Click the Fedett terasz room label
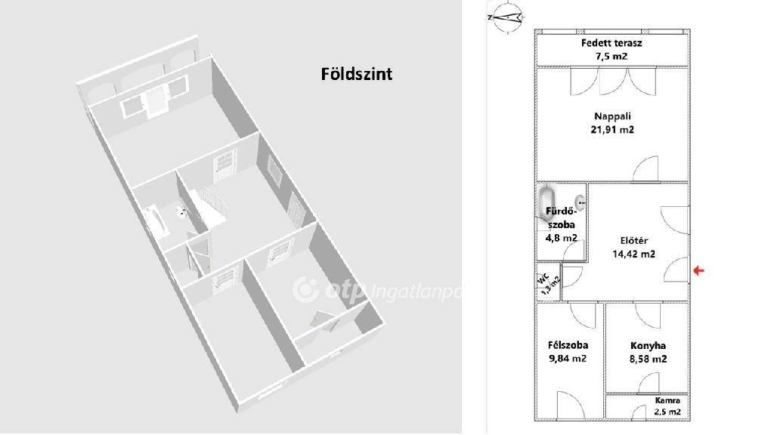pyautogui.click(x=611, y=43)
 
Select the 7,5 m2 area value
pyautogui.click(x=611, y=56)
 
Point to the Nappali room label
pyautogui.click(x=612, y=116)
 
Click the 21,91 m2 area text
pyautogui.click(x=612, y=129)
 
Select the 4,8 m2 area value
pyautogui.click(x=562, y=238)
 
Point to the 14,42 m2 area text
pyautogui.click(x=633, y=254)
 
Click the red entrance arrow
pyautogui.click(x=699, y=270)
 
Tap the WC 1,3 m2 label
pyautogui.click(x=549, y=282)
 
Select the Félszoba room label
pyautogui.click(x=568, y=345)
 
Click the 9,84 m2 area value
pyautogui.click(x=568, y=359)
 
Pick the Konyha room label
pyautogui.click(x=649, y=346)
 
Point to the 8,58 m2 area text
pyautogui.click(x=649, y=359)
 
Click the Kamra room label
pyautogui.click(x=667, y=400)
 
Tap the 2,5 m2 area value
pyautogui.click(x=667, y=412)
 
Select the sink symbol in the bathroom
pyautogui.click(x=580, y=202)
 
